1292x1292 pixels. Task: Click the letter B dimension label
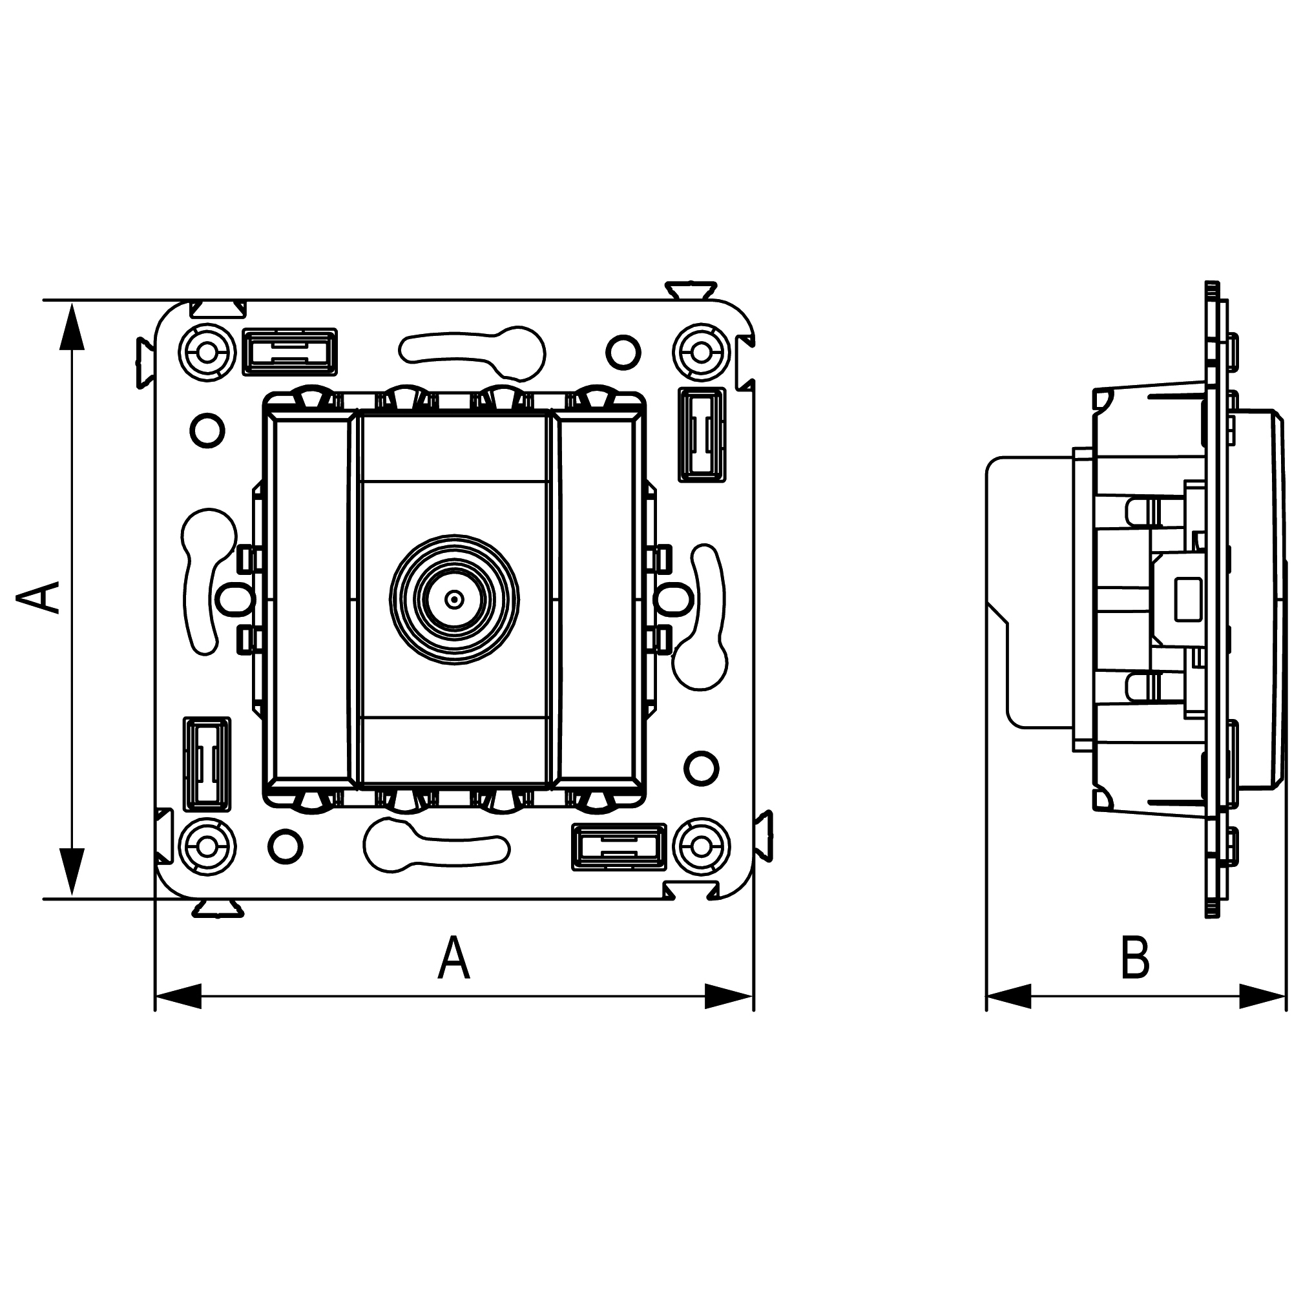pos(1135,958)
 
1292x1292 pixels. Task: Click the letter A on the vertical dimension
pos(39,597)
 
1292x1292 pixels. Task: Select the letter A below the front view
pos(454,958)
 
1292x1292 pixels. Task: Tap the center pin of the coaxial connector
pos(454,599)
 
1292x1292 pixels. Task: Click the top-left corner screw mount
pos(207,352)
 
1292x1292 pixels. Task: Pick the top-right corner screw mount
pos(701,352)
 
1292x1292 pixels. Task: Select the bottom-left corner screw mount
pos(207,847)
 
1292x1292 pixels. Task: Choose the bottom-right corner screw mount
pos(701,847)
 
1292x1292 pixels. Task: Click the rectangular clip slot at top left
pos(289,352)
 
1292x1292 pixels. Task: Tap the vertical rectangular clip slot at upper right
pos(702,435)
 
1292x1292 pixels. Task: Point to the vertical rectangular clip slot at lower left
pos(207,764)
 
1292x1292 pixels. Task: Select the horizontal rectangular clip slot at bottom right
pos(620,848)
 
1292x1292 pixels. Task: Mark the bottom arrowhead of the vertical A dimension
pos(72,872)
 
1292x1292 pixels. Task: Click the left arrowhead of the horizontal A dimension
pos(178,996)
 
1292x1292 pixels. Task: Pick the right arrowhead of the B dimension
pos(1262,996)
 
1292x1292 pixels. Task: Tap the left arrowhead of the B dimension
pos(1009,996)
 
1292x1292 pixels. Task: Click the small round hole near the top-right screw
pos(623,352)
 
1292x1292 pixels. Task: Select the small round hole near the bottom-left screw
pos(285,847)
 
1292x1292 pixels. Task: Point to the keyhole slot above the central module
pos(473,352)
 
